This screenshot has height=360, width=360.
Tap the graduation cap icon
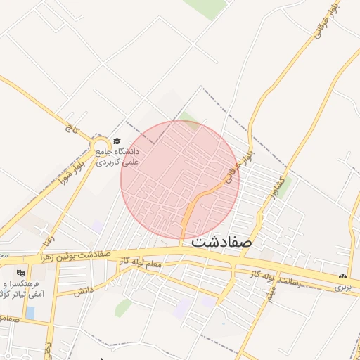point(117,141)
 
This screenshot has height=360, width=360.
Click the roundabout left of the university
point(99,146)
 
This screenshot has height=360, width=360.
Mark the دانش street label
point(83,290)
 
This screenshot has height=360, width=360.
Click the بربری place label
point(341,287)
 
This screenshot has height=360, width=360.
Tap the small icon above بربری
point(342,276)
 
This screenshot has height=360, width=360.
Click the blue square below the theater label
point(30,311)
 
